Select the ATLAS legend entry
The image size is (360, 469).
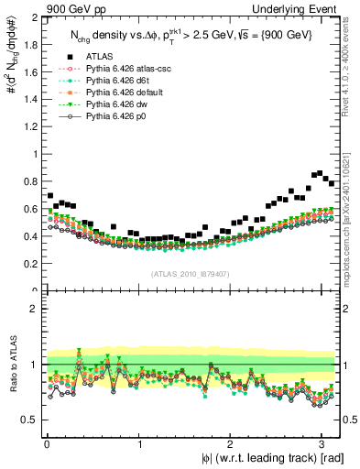[103, 56]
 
